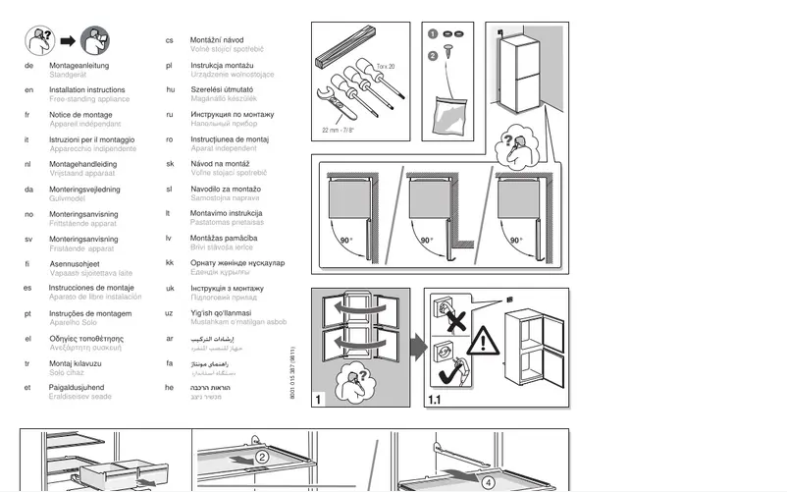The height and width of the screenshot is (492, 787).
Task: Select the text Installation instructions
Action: coord(87,89)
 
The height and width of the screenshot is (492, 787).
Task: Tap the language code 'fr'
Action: coord(28,115)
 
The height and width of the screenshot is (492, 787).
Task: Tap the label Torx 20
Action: coord(386,66)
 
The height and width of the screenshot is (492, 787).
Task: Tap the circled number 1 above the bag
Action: coord(433,33)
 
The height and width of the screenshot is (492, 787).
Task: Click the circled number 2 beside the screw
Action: coord(433,55)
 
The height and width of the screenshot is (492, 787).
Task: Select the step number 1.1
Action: coord(436,401)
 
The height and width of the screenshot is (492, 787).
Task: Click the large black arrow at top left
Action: coord(68,40)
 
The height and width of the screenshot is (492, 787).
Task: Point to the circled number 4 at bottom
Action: coord(490,480)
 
